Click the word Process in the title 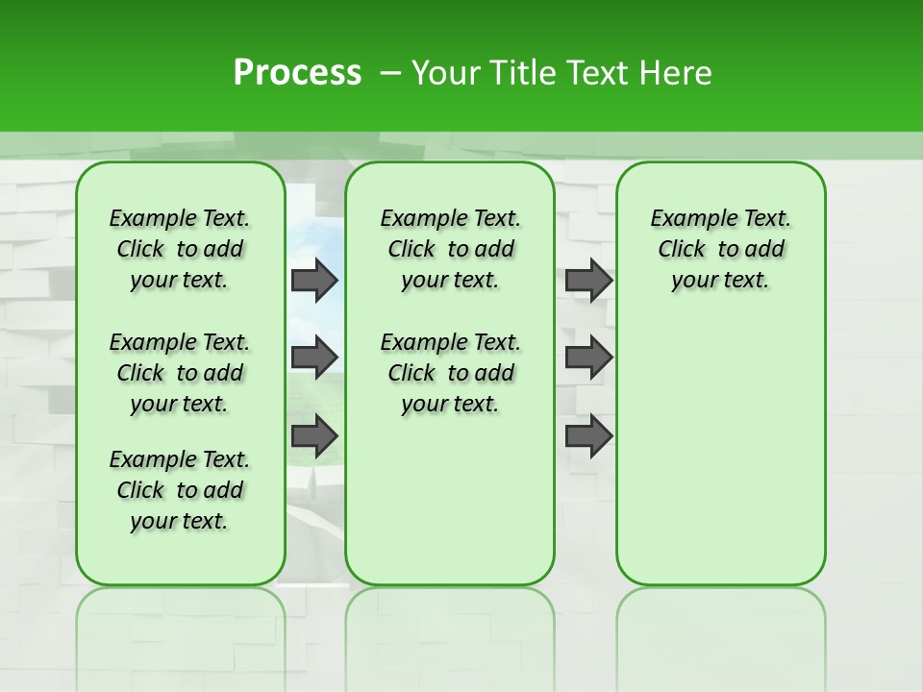tap(297, 73)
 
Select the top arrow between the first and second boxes tap(313, 281)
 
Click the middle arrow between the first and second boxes tap(313, 358)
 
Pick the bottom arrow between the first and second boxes tap(313, 436)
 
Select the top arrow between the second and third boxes tap(588, 281)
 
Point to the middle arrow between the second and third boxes tap(588, 358)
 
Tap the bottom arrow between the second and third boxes tap(588, 436)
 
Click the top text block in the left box tap(180, 249)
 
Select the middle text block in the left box tap(180, 373)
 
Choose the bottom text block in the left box tap(180, 490)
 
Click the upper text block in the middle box tap(450, 249)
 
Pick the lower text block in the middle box tap(450, 373)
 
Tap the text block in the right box tap(720, 249)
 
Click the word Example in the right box tap(686, 219)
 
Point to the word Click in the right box tap(682, 250)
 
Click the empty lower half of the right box tap(720, 452)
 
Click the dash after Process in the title tap(390, 73)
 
